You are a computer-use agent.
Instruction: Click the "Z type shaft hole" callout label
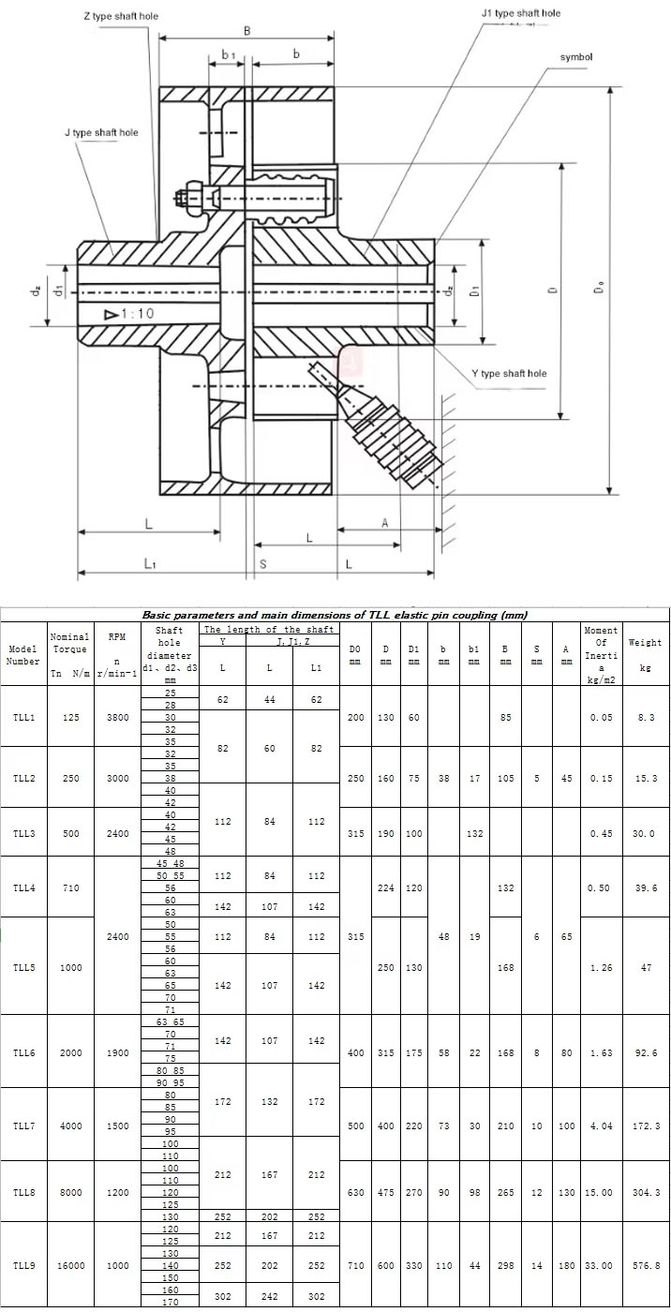click(121, 16)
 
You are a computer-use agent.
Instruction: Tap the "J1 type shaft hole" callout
click(520, 13)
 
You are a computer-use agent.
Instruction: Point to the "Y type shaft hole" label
click(509, 373)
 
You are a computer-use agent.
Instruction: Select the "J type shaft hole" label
click(101, 132)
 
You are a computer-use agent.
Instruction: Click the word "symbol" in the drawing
click(576, 57)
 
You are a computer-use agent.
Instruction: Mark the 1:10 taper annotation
click(129, 313)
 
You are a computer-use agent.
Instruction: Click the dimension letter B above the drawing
click(247, 30)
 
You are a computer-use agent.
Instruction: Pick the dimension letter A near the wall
click(384, 523)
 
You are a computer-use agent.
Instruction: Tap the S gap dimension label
click(263, 563)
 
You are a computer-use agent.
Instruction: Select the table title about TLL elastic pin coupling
click(335, 615)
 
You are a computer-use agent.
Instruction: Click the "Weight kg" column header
click(646, 654)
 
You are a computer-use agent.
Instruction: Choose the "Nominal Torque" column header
click(69, 643)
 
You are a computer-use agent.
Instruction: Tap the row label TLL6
click(24, 1052)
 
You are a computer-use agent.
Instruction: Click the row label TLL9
click(24, 1265)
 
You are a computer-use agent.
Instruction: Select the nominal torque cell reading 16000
click(70, 1265)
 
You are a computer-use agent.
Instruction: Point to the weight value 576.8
click(646, 1265)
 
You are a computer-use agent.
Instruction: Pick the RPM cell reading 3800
click(118, 717)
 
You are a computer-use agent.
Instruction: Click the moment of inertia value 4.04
click(602, 1126)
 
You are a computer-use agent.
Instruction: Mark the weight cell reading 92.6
click(646, 1052)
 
